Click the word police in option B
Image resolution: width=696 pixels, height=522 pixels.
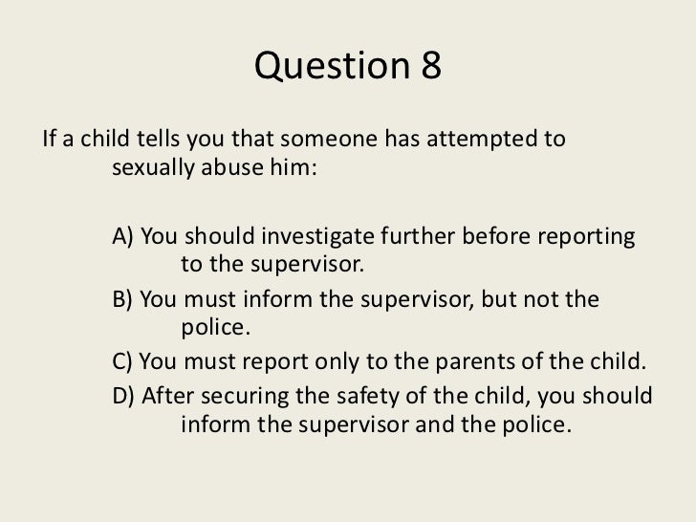tap(213, 330)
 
